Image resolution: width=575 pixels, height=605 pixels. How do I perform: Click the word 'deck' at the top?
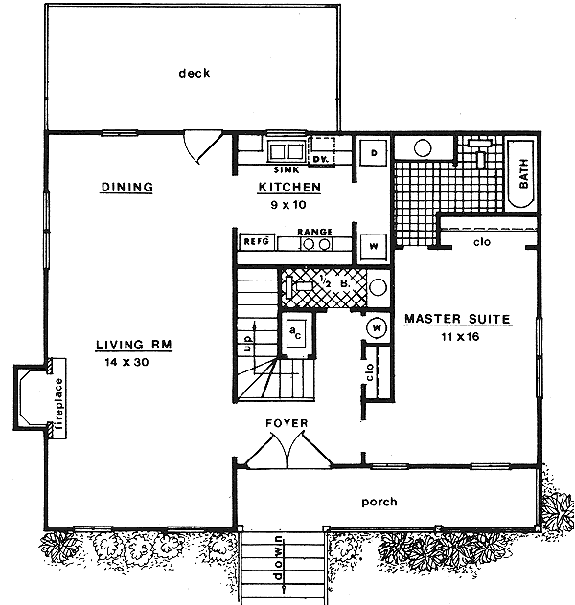click(193, 73)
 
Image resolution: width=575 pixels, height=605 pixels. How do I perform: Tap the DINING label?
click(126, 188)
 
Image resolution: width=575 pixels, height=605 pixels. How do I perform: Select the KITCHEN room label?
click(288, 188)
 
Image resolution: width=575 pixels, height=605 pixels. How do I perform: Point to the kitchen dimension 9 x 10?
click(288, 205)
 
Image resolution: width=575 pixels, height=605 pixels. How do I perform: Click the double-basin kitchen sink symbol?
click(285, 151)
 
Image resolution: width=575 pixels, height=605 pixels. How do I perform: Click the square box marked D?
click(373, 153)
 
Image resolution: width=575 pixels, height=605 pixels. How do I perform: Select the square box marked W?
click(373, 245)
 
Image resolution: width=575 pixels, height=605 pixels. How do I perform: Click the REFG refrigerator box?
click(256, 242)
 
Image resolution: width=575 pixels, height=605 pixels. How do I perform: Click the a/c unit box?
click(295, 332)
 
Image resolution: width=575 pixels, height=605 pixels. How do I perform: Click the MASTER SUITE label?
click(456, 319)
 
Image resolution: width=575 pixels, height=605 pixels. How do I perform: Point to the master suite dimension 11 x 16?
click(456, 337)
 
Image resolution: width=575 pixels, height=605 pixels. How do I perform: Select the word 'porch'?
click(379, 502)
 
